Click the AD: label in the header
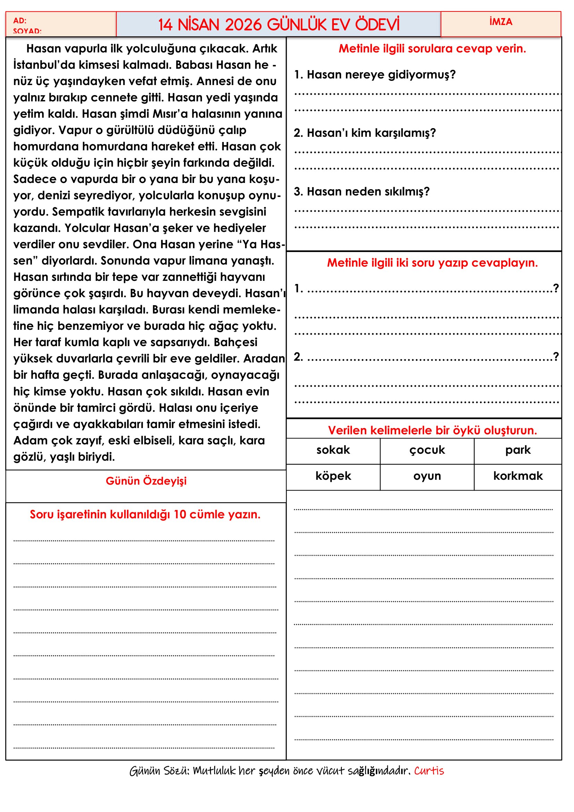coord(20,20)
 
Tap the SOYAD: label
coord(27,31)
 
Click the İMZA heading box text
coord(500,22)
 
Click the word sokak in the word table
coord(333,450)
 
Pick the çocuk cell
coord(427,450)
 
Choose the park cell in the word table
coord(517,450)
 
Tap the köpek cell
coord(333,476)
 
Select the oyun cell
coord(427,476)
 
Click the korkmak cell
coord(517,476)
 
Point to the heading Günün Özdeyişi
coord(146,481)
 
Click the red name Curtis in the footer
coord(429,771)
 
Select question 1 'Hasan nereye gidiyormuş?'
coord(375,75)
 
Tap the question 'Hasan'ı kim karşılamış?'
coord(365,133)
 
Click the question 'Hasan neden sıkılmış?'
coord(362,192)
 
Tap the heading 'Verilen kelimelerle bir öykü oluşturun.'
coord(432,430)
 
